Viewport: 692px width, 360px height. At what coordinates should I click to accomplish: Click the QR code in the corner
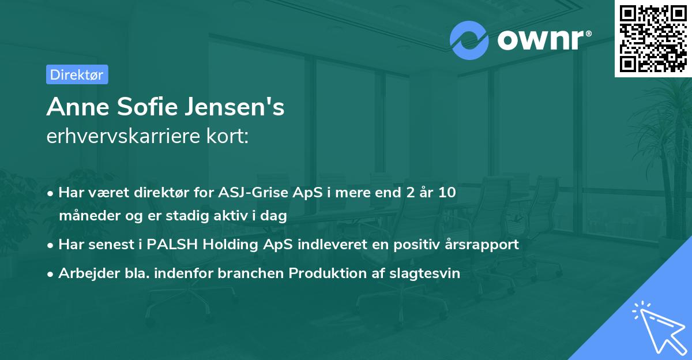pos(653,39)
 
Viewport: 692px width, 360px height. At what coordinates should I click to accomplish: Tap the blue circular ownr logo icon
pos(469,40)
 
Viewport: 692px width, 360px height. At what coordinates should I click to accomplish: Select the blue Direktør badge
pos(77,74)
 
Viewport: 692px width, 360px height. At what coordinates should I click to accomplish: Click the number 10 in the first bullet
pos(447,192)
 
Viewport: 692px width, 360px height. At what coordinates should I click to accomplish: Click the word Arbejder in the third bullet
pos(84,273)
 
